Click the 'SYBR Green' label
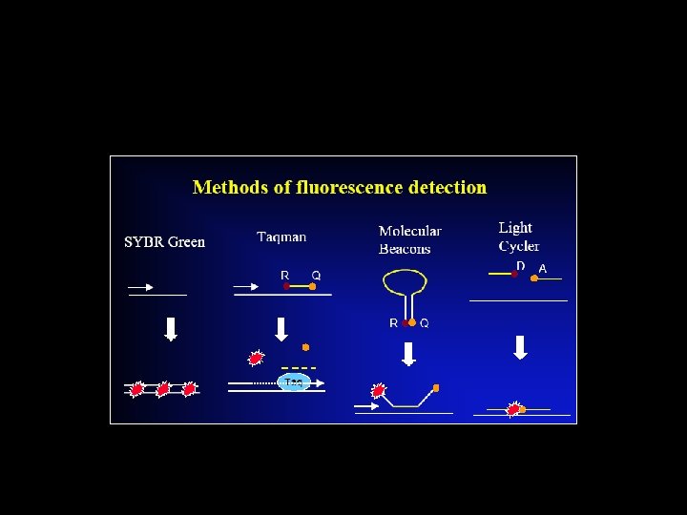pos(164,241)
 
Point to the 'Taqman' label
pos(281,237)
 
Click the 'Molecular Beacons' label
pos(409,239)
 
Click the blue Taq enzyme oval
pos(293,382)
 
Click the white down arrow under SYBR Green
pos(171,327)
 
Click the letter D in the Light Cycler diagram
pos(520,266)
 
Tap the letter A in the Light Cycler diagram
pos(542,269)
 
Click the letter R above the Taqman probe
pos(284,276)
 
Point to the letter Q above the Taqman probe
pos(316,276)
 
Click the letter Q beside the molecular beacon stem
pos(425,323)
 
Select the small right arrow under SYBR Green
pos(140,286)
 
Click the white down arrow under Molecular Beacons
pos(408,353)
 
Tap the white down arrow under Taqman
pos(281,329)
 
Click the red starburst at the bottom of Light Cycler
pos(515,409)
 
